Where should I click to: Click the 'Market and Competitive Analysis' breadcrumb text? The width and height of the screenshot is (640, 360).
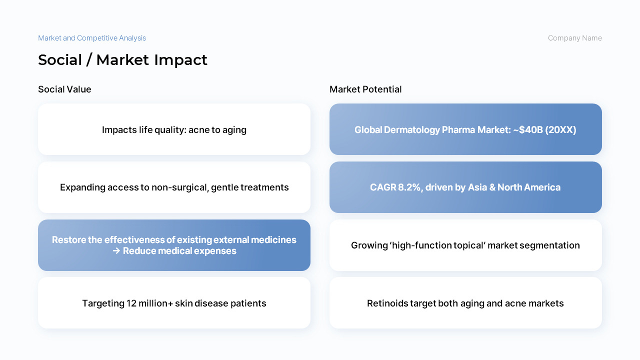(92, 38)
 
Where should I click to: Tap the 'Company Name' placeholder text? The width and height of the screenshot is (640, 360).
(575, 38)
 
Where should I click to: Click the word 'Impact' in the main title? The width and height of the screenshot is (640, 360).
(181, 60)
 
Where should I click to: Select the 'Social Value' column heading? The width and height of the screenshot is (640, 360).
(64, 89)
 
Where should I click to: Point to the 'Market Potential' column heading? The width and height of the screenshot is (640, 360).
(365, 89)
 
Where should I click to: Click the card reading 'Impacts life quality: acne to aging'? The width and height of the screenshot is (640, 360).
(174, 129)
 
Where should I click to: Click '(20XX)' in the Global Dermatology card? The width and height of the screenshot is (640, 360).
(560, 130)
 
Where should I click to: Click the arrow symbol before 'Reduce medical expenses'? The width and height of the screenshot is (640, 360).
(116, 251)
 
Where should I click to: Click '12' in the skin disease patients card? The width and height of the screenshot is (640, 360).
(131, 303)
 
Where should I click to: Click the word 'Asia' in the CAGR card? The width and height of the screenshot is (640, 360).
(477, 187)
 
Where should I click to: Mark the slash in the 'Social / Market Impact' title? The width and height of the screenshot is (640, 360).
(89, 60)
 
